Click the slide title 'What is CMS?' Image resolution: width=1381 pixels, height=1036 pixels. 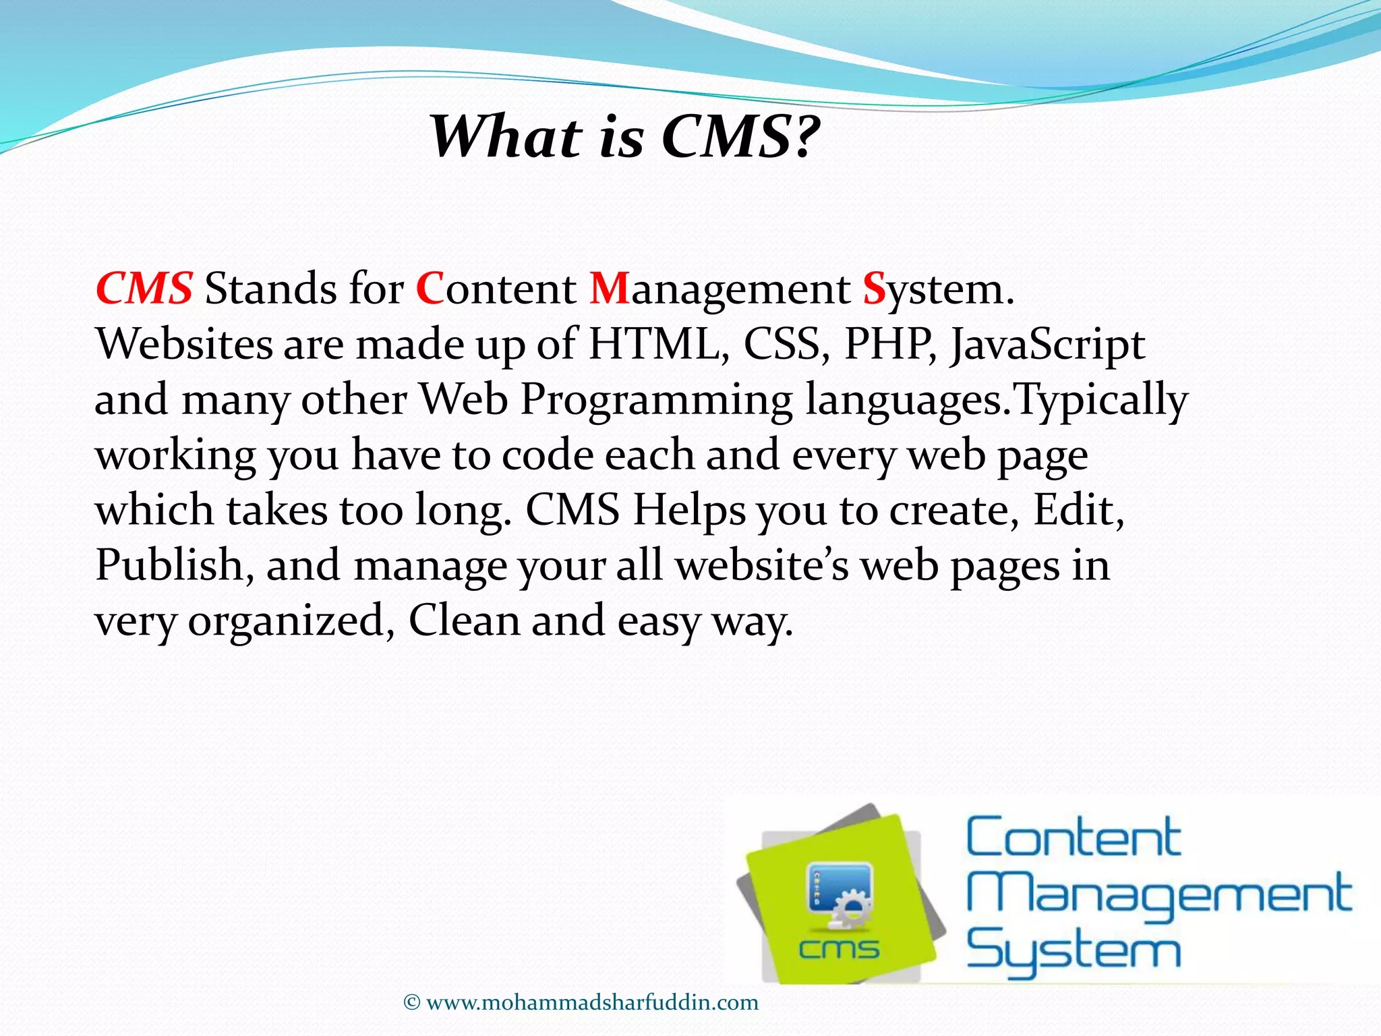coord(624,137)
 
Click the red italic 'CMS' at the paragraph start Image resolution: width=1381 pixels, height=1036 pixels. coord(144,289)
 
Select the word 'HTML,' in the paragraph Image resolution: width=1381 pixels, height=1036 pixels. coord(659,345)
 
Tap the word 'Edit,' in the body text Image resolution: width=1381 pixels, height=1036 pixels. coord(1079,511)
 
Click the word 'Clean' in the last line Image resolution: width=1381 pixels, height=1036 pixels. coord(463,620)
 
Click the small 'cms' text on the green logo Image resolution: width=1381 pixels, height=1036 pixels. coord(839,950)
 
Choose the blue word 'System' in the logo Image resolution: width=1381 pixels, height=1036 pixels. coord(1074,951)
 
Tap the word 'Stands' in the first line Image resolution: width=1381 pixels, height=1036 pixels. coord(270,289)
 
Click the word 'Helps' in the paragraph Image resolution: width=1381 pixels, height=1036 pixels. coord(689,511)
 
